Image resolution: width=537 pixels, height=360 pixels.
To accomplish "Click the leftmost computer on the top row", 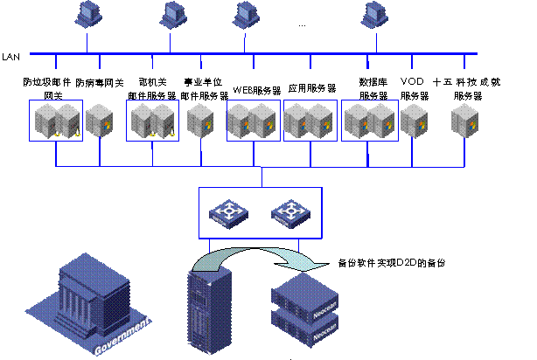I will (87, 13).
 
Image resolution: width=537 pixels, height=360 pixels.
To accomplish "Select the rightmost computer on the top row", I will (376, 13).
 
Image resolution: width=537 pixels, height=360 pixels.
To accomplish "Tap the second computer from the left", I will (171, 13).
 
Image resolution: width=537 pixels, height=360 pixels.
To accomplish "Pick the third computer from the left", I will (245, 13).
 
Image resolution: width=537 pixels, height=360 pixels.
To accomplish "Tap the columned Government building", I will (91, 293).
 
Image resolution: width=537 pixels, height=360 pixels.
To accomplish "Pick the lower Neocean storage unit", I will (303, 324).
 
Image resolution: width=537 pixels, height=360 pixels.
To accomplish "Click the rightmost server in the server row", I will (464, 121).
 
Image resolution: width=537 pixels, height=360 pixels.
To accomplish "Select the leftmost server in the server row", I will (45, 121).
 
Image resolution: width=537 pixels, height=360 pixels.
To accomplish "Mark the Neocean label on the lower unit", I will (324, 334).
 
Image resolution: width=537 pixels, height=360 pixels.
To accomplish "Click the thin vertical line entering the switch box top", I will (261, 177).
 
